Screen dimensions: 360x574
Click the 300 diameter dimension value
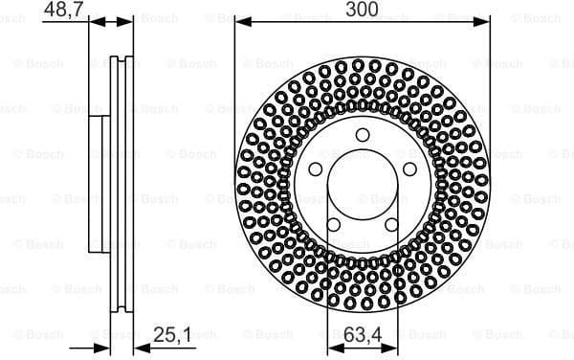tap(362, 9)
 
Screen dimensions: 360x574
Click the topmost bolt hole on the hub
tap(363, 135)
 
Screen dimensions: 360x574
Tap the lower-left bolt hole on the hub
tap(333, 226)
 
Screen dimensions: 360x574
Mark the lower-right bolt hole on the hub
tap(391, 226)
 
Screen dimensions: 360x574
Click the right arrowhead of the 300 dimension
tap(484, 20)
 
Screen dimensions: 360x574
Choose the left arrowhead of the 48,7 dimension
tap(94, 20)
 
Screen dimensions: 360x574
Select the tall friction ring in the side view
tap(121, 182)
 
